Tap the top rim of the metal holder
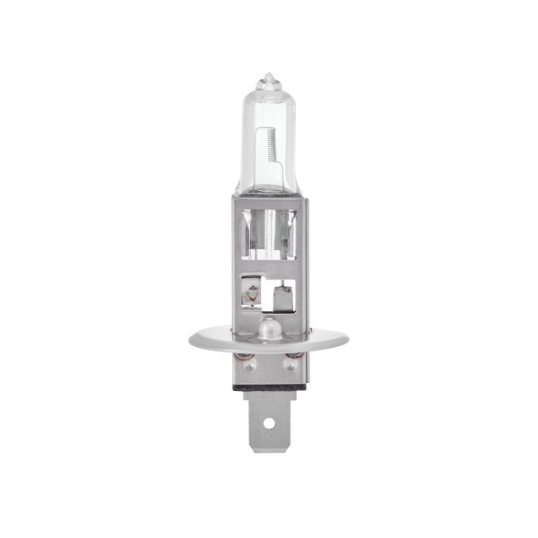click(266, 200)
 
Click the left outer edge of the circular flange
click(191, 341)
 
